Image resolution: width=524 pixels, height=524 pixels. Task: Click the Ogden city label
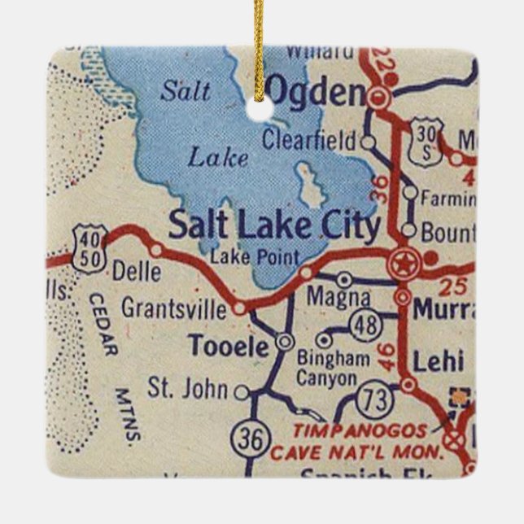pos(316,94)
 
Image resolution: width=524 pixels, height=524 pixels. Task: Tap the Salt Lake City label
pos(273,225)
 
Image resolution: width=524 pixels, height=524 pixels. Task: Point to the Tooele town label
pos(228,347)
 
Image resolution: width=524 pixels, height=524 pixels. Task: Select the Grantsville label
pos(174,309)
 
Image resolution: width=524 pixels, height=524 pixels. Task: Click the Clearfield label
pos(309,140)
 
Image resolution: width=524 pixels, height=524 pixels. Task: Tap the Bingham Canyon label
pos(326,369)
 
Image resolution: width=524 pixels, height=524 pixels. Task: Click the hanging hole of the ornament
pos(261,104)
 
